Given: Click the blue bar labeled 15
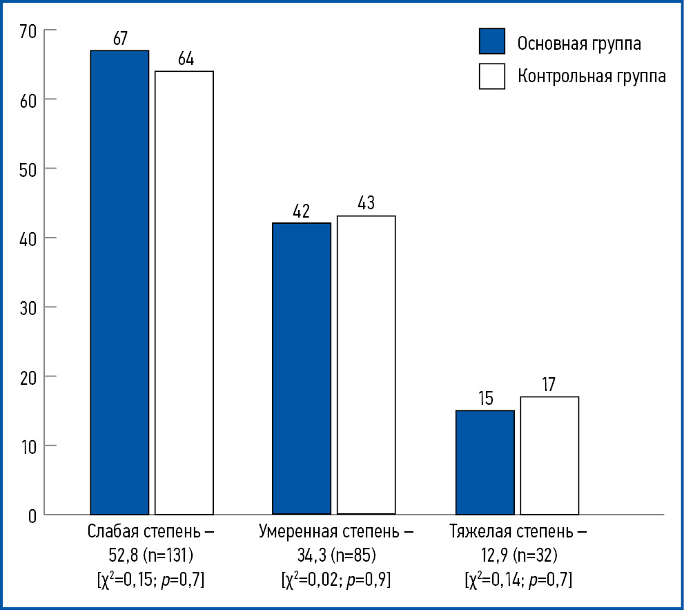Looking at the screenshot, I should click(x=485, y=462).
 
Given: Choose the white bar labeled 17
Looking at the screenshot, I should click(x=549, y=455).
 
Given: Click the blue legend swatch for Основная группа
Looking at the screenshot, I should click(x=492, y=41).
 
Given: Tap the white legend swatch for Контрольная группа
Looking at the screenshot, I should click(x=492, y=76).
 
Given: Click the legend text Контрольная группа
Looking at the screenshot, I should click(x=592, y=76).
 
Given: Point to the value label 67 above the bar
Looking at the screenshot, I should click(x=119, y=39).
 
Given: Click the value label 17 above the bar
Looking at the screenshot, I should click(x=549, y=385).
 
